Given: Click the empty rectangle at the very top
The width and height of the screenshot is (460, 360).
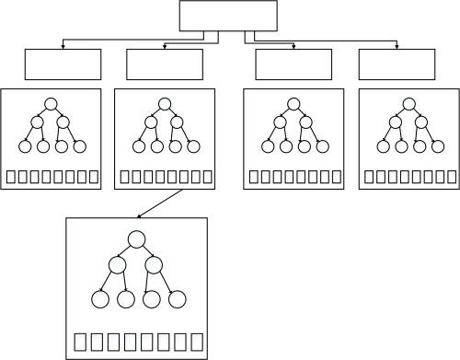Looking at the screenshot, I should tap(227, 16).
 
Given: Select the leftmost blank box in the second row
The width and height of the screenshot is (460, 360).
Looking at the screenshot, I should tap(63, 64).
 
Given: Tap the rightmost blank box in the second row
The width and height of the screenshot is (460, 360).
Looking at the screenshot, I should tap(396, 64).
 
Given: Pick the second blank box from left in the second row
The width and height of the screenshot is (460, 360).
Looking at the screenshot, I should tap(165, 64).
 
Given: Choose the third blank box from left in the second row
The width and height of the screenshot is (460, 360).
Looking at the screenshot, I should tap(293, 64).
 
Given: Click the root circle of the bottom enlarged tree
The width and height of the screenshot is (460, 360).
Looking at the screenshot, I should tap(137, 239).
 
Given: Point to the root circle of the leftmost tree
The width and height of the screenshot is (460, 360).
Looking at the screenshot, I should tap(52, 104).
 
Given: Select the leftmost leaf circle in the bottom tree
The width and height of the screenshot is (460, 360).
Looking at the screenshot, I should tap(102, 298).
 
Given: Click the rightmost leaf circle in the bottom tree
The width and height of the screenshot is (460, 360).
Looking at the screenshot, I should tap(178, 298).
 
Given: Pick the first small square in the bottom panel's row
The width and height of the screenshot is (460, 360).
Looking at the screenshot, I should tap(80, 343).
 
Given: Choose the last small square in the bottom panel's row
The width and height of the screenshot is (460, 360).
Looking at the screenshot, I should tap(195, 343).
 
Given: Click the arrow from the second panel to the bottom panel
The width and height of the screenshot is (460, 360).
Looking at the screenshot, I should tap(160, 203).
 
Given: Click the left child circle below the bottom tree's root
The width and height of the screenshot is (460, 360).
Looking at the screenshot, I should tap(117, 265).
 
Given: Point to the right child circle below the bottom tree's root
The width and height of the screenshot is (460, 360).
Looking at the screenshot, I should tap(154, 265).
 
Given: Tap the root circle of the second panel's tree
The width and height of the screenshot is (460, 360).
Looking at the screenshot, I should tap(166, 104).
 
